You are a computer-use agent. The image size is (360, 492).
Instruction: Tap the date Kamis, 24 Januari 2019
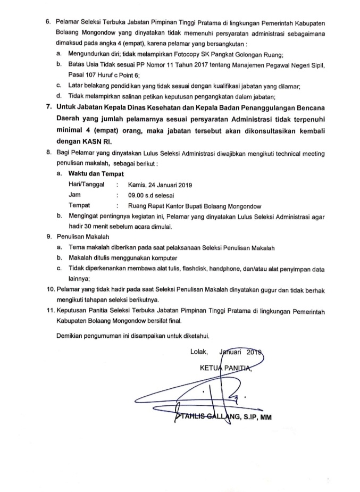tap(160, 185)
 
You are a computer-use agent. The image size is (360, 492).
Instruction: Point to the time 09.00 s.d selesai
tap(154, 195)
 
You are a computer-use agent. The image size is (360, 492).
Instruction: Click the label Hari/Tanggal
tap(87, 185)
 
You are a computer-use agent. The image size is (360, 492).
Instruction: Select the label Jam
tap(75, 195)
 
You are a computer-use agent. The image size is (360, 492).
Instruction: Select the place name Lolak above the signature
tap(199, 352)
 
